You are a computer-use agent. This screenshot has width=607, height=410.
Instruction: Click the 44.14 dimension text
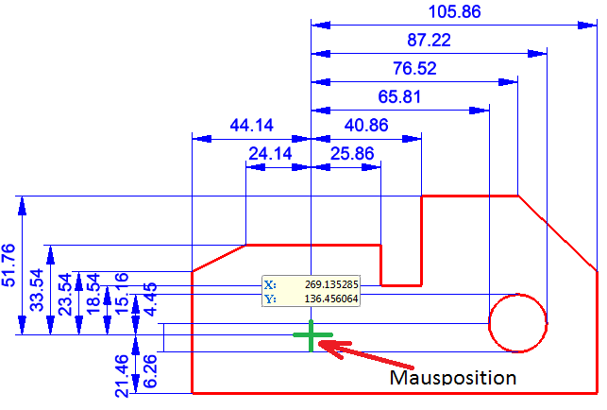tap(252, 124)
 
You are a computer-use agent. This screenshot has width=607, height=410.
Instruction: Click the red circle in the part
tap(517, 322)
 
